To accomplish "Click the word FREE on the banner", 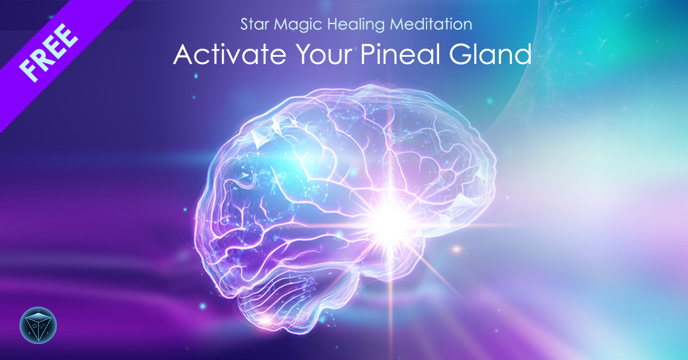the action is point(48,53).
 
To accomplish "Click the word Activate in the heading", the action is point(230,54).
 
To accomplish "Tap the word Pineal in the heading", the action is point(400,54).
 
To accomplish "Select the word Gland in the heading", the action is point(490,54).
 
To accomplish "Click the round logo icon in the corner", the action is point(38,325).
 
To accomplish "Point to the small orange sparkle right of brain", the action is point(457,249).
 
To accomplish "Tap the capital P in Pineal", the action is point(368,54).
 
